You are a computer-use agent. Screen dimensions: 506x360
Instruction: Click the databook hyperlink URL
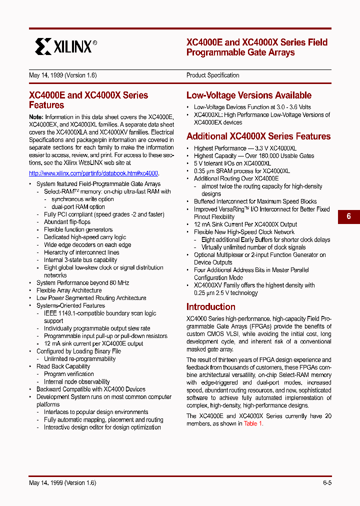(93, 173)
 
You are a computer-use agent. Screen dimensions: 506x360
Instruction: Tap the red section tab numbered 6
(348, 216)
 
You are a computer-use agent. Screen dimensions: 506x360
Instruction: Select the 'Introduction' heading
(210, 307)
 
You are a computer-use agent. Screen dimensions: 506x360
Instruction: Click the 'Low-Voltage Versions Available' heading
(248, 95)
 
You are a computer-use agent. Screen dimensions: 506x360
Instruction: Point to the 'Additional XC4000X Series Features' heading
(258, 136)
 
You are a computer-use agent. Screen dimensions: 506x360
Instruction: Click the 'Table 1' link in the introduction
(252, 423)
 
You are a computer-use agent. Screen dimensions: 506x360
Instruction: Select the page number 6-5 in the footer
(327, 482)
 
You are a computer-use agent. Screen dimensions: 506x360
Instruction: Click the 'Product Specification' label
(212, 75)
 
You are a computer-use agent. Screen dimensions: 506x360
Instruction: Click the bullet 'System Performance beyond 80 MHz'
(82, 283)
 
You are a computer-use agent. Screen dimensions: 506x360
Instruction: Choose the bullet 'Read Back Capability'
(63, 366)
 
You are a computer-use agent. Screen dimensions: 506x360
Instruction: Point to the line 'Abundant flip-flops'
(67, 222)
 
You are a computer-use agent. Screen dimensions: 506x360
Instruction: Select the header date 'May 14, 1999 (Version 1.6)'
(62, 75)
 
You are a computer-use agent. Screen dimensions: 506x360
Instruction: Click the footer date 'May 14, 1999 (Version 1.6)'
(62, 482)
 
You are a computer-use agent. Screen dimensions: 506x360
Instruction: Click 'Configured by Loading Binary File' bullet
(78, 351)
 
